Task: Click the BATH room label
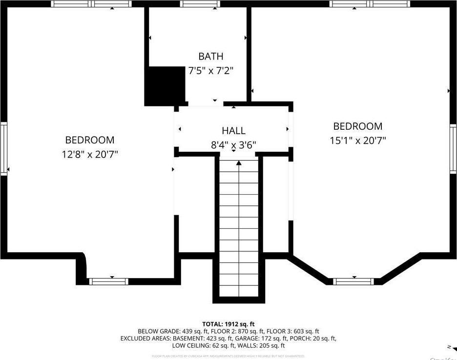[211, 57]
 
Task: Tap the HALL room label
[234, 131]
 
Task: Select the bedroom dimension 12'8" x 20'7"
[90, 154]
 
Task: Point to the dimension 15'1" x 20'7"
[357, 140]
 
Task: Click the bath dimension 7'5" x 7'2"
[211, 71]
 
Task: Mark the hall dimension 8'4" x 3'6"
[234, 145]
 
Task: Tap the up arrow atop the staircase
[239, 163]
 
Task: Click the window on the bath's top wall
[199, 4]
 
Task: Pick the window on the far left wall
[4, 148]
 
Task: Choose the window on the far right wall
[453, 148]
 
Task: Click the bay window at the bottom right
[353, 281]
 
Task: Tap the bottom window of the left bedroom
[108, 281]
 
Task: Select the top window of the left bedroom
[91, 4]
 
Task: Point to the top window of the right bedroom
[369, 4]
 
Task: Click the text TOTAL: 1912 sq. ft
[228, 324]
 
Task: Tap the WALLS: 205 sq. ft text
[260, 345]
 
